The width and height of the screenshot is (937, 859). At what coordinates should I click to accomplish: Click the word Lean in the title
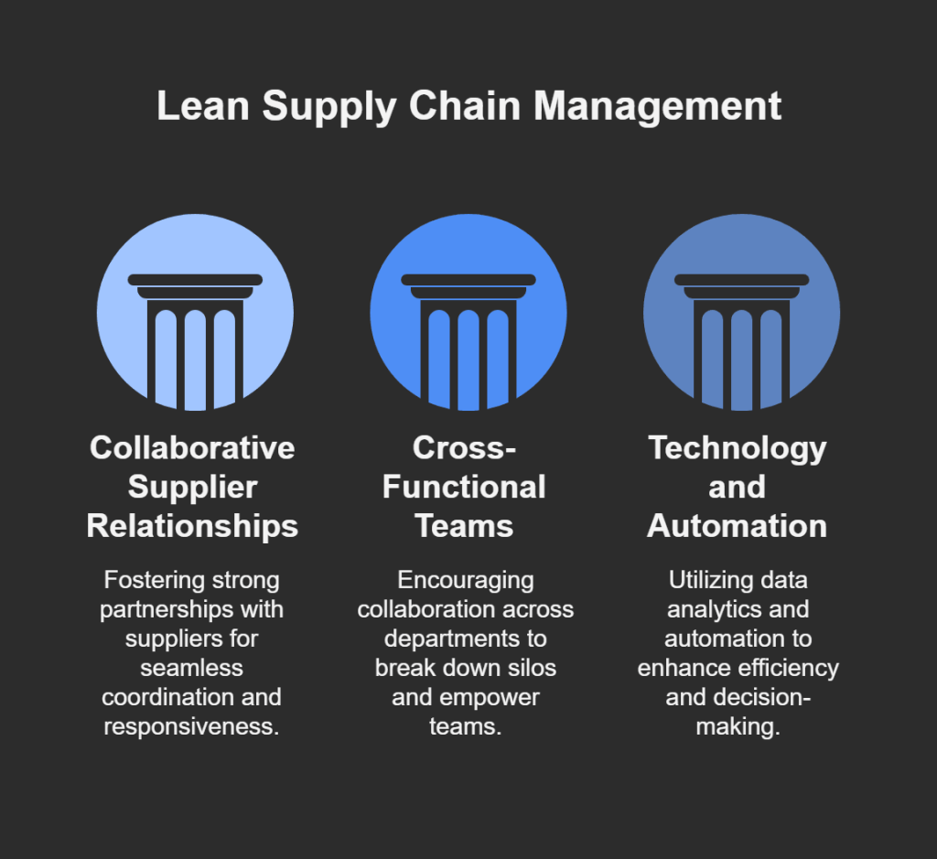pos(203,106)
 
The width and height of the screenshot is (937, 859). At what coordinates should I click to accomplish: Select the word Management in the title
pos(658,106)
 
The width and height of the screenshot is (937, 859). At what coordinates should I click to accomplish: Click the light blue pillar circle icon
pos(195,313)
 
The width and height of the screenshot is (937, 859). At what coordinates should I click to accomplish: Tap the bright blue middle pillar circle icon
pos(468,313)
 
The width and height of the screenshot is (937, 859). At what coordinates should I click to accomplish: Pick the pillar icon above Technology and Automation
pos(741,313)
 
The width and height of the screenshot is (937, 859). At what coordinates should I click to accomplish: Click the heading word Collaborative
pos(192,447)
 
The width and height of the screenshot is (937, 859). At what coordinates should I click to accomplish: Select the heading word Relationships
pos(192,526)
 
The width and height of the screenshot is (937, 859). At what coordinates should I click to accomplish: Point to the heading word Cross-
pos(464,447)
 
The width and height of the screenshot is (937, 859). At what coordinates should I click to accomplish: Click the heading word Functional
pos(464,487)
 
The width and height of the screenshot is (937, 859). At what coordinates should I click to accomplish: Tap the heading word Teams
pos(464,526)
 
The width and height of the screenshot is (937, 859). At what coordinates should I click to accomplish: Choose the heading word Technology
pos(738,447)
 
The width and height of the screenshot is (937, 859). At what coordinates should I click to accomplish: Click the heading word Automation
pos(738,526)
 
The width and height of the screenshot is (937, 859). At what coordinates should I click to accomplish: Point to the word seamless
pos(192,667)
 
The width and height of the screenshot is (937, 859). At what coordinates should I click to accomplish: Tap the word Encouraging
pos(464,580)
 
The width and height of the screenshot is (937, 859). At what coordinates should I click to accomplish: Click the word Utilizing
pos(706,580)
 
